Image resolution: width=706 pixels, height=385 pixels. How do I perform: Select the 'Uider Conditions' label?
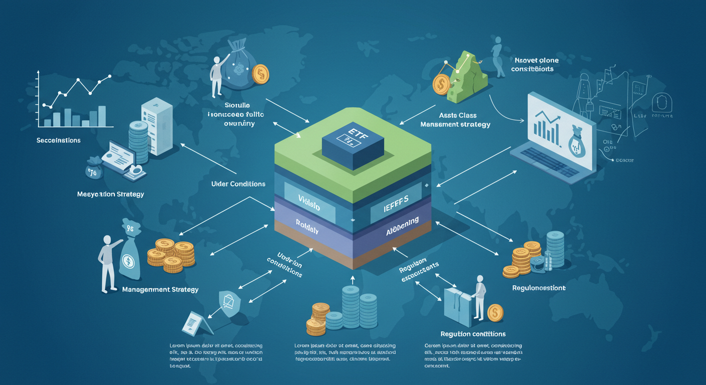pos(238,184)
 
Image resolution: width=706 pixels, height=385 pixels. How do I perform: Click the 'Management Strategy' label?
pos(160,289)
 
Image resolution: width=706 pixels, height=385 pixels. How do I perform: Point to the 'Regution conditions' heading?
pos(473,334)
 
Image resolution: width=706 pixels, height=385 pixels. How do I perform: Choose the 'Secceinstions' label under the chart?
pos(59,140)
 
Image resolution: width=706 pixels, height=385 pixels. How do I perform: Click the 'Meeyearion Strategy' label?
pos(111,194)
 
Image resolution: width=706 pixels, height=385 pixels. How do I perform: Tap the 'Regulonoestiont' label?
pos(539,288)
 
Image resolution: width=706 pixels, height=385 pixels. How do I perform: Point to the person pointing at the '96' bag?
pos(108,262)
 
